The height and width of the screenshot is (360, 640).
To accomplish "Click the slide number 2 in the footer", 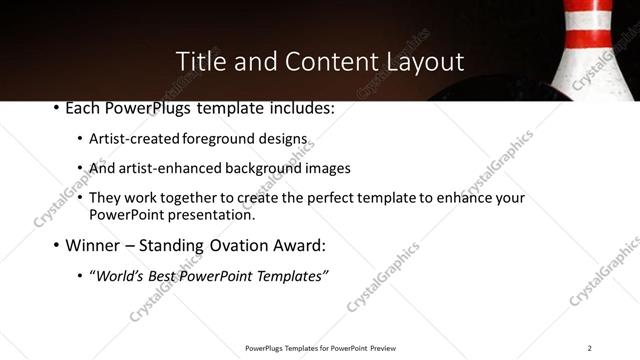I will coord(589,348).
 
